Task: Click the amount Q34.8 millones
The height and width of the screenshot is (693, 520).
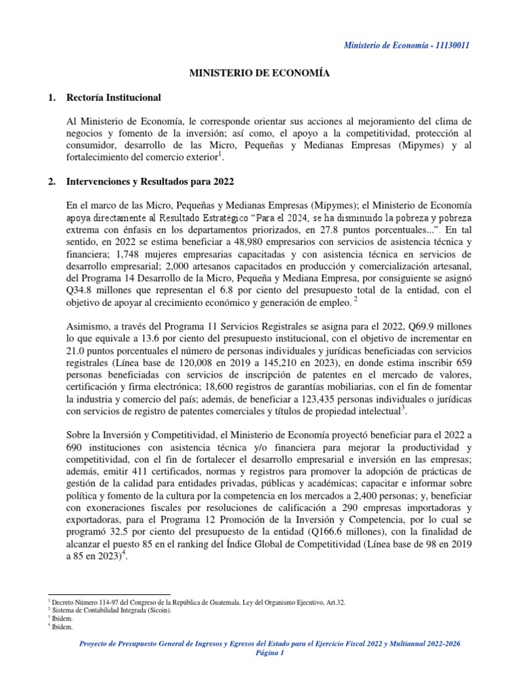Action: [79, 291]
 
